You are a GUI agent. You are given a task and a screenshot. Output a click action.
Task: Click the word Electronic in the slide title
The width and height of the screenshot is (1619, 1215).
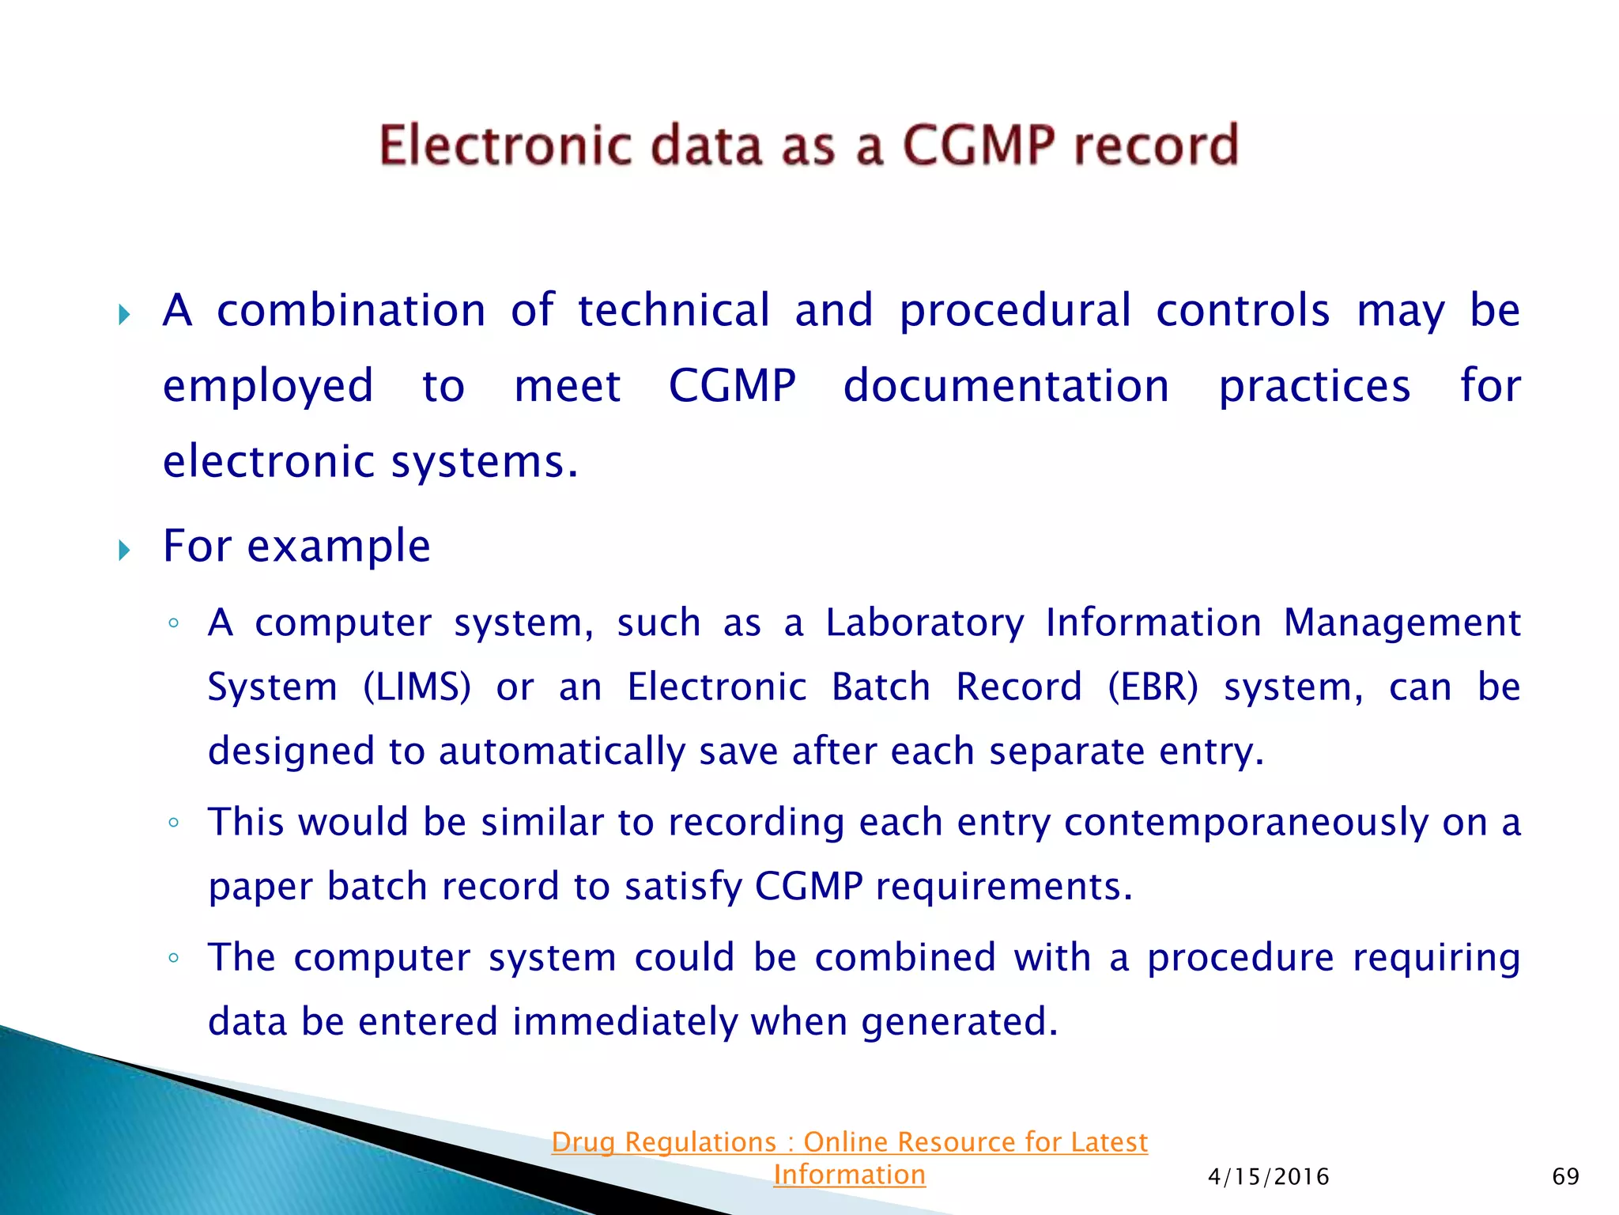tap(504, 146)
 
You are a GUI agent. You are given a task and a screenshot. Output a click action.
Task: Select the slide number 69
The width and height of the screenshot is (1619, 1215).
tap(1565, 1176)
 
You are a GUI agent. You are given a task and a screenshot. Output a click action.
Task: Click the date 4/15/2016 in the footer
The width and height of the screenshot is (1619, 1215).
tap(1268, 1177)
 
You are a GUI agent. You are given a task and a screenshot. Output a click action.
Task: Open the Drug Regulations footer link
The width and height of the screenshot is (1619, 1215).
tap(849, 1142)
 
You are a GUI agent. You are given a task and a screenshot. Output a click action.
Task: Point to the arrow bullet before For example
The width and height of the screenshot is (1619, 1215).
tap(124, 550)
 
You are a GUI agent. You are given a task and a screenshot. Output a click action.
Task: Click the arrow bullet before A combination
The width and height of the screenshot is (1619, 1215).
tap(124, 315)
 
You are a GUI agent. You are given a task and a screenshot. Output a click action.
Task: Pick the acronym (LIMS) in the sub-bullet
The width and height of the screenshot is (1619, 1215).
tap(417, 687)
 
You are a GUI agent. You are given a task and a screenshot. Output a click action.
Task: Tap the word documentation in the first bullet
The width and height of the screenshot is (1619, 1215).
tap(1006, 386)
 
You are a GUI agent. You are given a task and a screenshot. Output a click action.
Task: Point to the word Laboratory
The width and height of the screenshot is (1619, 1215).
tap(924, 623)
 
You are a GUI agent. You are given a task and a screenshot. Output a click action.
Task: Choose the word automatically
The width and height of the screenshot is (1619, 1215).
tap(562, 751)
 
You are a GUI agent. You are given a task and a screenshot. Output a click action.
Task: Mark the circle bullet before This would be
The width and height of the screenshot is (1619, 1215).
tap(174, 823)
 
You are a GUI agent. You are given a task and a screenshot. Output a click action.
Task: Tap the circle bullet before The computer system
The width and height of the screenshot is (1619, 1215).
tap(174, 959)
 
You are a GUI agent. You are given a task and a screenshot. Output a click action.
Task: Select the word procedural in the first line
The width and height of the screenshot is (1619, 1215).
tap(1015, 311)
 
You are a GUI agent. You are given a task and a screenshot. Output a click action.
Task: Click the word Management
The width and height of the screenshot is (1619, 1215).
tap(1401, 623)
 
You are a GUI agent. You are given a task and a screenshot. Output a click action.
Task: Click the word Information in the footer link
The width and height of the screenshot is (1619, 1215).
tap(849, 1175)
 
